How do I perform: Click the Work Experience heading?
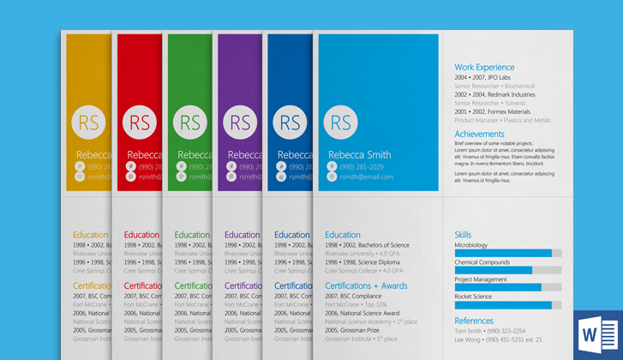coord(484,67)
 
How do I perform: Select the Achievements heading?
coord(479,134)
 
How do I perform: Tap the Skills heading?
coord(463,234)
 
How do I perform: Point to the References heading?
coord(474,321)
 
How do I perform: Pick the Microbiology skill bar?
coord(507,253)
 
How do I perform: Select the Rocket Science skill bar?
coord(507,304)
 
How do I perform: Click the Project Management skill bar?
coord(507,287)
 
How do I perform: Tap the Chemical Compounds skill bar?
coord(507,270)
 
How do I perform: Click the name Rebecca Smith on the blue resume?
coord(359,154)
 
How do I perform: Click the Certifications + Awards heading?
coord(366,285)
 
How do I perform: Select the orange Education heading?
coord(90,234)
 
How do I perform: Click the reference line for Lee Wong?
coord(498,339)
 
